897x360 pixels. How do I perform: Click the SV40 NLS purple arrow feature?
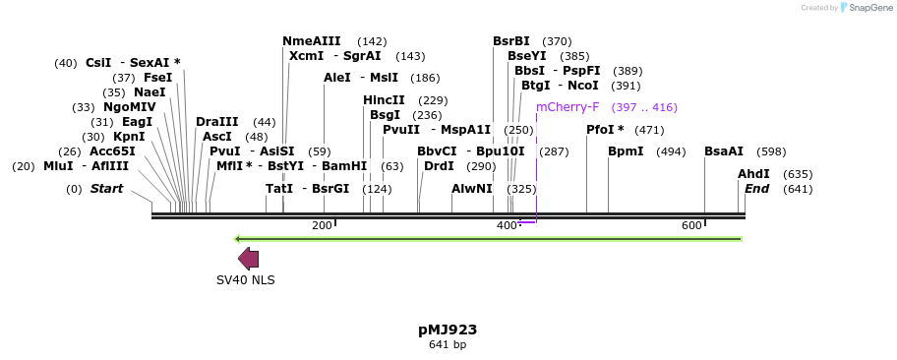pos(248,259)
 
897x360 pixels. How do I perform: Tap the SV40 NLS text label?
pos(246,279)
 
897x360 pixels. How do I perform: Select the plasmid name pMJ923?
pos(448,330)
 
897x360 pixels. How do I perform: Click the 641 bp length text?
pos(448,344)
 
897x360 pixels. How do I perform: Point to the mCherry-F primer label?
pos(568,107)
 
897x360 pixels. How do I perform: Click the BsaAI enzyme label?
pos(724,151)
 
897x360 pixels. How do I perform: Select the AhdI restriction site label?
pos(753,174)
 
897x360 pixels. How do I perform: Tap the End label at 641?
pos(756,189)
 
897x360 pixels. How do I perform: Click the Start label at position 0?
pos(107,189)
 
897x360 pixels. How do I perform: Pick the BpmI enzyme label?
pos(626,151)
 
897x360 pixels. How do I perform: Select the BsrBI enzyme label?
pos(511,41)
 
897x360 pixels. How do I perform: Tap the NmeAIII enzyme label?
pos(312,41)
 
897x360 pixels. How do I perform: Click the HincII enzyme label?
pos(384,100)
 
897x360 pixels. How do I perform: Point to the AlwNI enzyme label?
pos(472,189)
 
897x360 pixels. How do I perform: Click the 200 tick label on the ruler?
pos(322,226)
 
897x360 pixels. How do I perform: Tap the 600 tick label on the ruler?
pos(691,226)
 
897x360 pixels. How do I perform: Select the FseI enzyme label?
pos(157,78)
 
